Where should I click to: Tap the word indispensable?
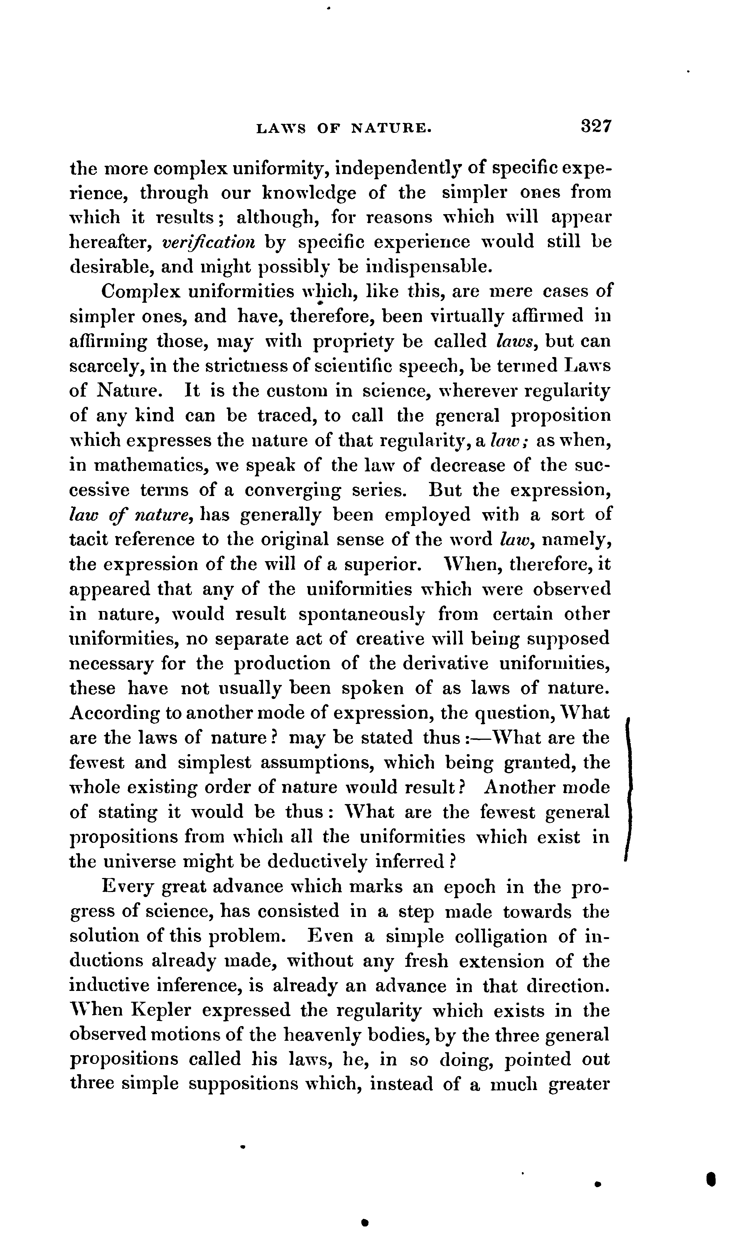[429, 267]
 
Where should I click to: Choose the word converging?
[293, 491]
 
